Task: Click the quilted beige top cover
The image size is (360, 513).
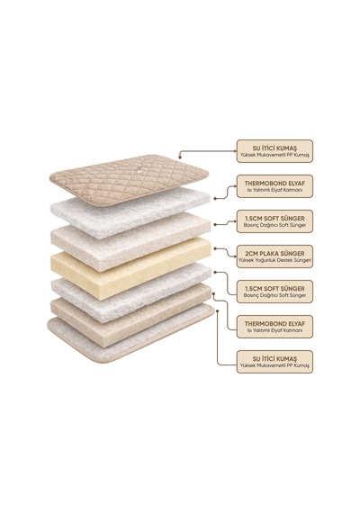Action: tap(129, 180)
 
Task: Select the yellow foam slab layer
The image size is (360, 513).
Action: tap(130, 268)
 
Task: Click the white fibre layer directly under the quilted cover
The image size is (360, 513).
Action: tap(130, 212)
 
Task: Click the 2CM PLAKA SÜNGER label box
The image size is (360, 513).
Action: tap(274, 256)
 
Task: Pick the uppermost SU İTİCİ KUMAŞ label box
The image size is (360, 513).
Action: tap(274, 151)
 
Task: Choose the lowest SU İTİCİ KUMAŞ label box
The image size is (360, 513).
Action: tap(274, 362)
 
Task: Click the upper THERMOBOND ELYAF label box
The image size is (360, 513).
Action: tap(274, 186)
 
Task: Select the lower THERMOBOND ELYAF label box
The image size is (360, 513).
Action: tap(274, 327)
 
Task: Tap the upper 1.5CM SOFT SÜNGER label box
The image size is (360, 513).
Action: tap(274, 221)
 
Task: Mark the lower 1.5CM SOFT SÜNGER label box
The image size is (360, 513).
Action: tap(274, 292)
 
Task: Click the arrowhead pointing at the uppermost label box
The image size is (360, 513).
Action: tap(234, 151)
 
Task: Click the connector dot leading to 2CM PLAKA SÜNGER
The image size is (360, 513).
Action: tap(215, 248)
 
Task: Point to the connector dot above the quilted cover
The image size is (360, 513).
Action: tap(180, 157)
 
